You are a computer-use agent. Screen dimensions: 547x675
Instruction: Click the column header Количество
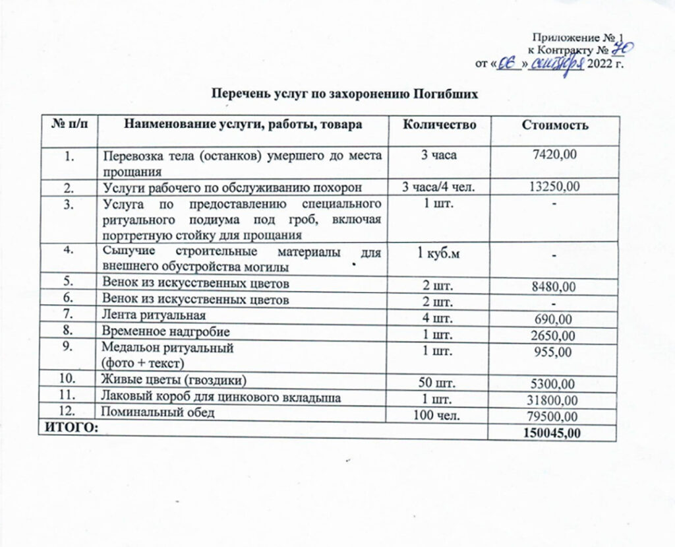438,125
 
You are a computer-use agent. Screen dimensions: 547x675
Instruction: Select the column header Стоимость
555,125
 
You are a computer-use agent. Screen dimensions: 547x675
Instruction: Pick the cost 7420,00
555,154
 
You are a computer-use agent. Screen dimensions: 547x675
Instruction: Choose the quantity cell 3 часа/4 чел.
437,187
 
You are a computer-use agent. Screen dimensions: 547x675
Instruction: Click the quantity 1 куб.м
437,255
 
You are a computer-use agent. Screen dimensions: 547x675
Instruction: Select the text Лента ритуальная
153,315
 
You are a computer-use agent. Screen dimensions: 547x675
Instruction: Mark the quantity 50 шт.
437,383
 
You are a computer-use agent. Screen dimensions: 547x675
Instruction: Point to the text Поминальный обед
156,412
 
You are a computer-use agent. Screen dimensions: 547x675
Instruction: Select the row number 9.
69,344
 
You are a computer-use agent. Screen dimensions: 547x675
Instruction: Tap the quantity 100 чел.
437,415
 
